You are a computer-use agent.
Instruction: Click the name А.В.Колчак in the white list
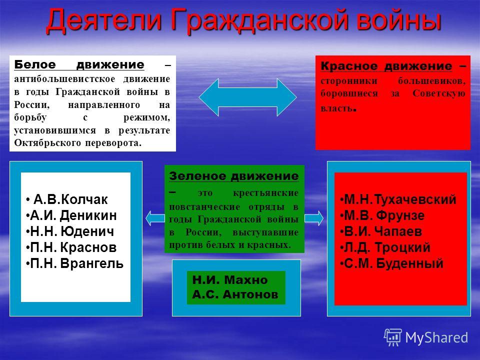click(70, 199)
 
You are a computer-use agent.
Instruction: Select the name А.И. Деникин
click(73, 215)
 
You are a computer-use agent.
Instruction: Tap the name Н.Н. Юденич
click(72, 231)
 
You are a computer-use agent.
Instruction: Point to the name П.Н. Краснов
click(73, 247)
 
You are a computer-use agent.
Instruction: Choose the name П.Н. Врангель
click(77, 263)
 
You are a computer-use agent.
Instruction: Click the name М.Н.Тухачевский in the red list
click(400, 199)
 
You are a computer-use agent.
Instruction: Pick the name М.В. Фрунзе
click(384, 215)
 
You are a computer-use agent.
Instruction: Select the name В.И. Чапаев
click(383, 231)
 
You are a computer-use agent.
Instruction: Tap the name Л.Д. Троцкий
click(387, 247)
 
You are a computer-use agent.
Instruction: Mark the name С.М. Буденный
click(394, 263)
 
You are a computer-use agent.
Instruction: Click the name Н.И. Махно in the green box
click(230, 280)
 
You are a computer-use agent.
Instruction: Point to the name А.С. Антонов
click(235, 294)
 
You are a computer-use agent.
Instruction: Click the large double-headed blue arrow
click(247, 97)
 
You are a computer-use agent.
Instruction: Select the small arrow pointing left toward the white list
click(155, 218)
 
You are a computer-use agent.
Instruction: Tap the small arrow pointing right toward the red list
click(314, 218)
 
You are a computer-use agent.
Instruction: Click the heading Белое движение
click(79, 64)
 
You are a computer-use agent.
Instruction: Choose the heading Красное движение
click(386, 66)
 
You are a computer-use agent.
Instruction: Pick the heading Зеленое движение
click(234, 176)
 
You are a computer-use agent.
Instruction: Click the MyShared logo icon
click(393, 337)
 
